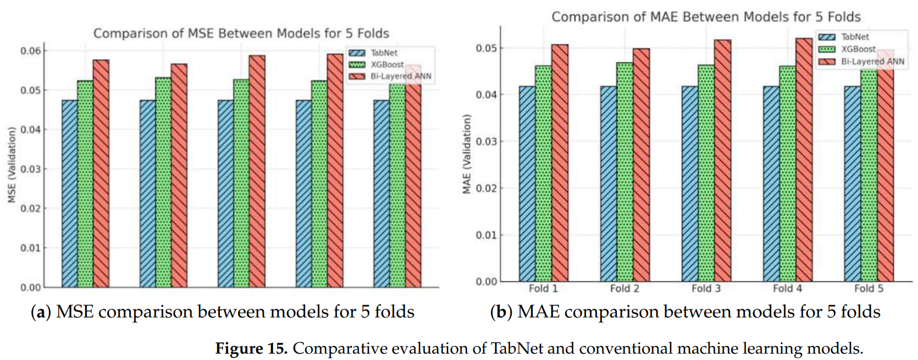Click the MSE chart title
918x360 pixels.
click(x=241, y=33)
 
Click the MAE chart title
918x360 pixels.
click(x=706, y=17)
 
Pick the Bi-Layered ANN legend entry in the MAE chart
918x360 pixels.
click(x=872, y=61)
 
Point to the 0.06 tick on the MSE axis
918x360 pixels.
click(x=30, y=51)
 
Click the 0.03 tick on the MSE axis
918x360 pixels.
click(x=30, y=169)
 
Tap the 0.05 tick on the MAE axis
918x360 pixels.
click(x=487, y=48)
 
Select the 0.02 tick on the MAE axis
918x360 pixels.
click(x=487, y=188)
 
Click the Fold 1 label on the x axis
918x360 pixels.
click(x=543, y=288)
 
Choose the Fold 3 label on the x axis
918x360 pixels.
click(x=706, y=288)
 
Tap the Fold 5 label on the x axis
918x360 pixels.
click(x=868, y=288)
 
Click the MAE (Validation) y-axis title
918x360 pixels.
click(x=466, y=154)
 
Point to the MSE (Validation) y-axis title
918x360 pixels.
click(x=11, y=165)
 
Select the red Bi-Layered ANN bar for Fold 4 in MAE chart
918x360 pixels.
click(x=803, y=163)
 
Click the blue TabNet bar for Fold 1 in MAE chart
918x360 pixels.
click(x=527, y=187)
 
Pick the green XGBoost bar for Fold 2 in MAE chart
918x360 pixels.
click(x=624, y=175)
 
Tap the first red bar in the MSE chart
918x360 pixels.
click(x=100, y=175)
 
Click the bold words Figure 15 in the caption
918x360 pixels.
click(x=251, y=348)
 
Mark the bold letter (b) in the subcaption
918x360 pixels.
click(x=501, y=312)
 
